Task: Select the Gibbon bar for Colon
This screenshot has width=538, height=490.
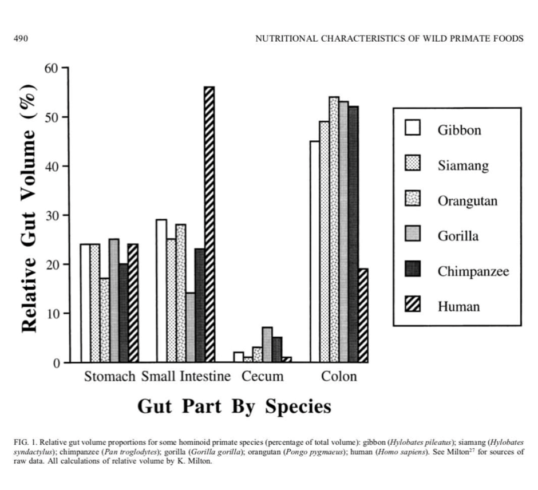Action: point(315,251)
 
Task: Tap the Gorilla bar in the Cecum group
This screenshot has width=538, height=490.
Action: point(267,345)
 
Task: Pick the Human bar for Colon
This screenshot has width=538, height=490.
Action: point(363,315)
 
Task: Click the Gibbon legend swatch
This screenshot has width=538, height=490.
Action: point(413,129)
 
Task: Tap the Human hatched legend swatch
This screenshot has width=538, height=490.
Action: point(413,306)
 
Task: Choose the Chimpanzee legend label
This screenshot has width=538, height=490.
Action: point(473,271)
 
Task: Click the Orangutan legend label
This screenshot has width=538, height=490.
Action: point(468,201)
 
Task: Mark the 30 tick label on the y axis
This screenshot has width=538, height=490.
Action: point(52,215)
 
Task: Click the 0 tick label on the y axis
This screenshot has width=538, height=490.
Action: point(56,363)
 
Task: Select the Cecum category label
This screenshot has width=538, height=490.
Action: point(262,377)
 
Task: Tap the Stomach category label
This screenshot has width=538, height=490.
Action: point(109,377)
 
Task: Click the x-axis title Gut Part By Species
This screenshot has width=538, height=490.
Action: point(234,406)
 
